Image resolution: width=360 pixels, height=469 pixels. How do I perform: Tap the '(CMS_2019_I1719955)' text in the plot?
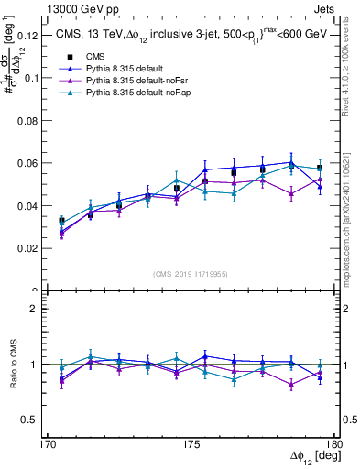pyautogui.click(x=191, y=273)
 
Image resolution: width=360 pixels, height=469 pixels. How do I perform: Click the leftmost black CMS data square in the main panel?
pyautogui.click(x=61, y=221)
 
